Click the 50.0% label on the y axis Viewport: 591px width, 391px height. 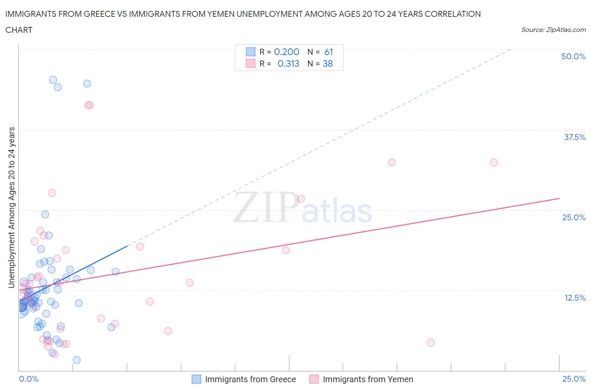coord(573,56)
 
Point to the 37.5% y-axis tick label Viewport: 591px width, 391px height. coord(574,137)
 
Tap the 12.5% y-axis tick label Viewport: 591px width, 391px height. coord(574,298)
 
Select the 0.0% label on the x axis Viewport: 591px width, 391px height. coord(29,379)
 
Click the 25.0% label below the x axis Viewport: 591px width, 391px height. coord(574,379)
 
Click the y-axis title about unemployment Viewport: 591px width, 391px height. coord(12,207)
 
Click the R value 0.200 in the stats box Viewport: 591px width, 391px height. coord(287,52)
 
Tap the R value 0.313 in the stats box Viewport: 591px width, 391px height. coord(288,63)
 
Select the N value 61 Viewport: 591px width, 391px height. coord(329,52)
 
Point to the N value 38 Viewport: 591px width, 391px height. coord(328,63)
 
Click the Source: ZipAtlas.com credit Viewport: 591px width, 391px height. coord(553,29)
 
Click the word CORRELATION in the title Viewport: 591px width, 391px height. coord(453,14)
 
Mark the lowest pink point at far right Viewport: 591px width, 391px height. coord(430,343)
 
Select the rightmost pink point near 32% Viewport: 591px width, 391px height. coord(494,162)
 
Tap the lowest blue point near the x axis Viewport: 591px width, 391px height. coord(77,360)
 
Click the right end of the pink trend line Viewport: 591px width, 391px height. coord(559,198)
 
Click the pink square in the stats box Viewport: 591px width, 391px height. coord(251,63)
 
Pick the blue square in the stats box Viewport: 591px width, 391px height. coord(251,52)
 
